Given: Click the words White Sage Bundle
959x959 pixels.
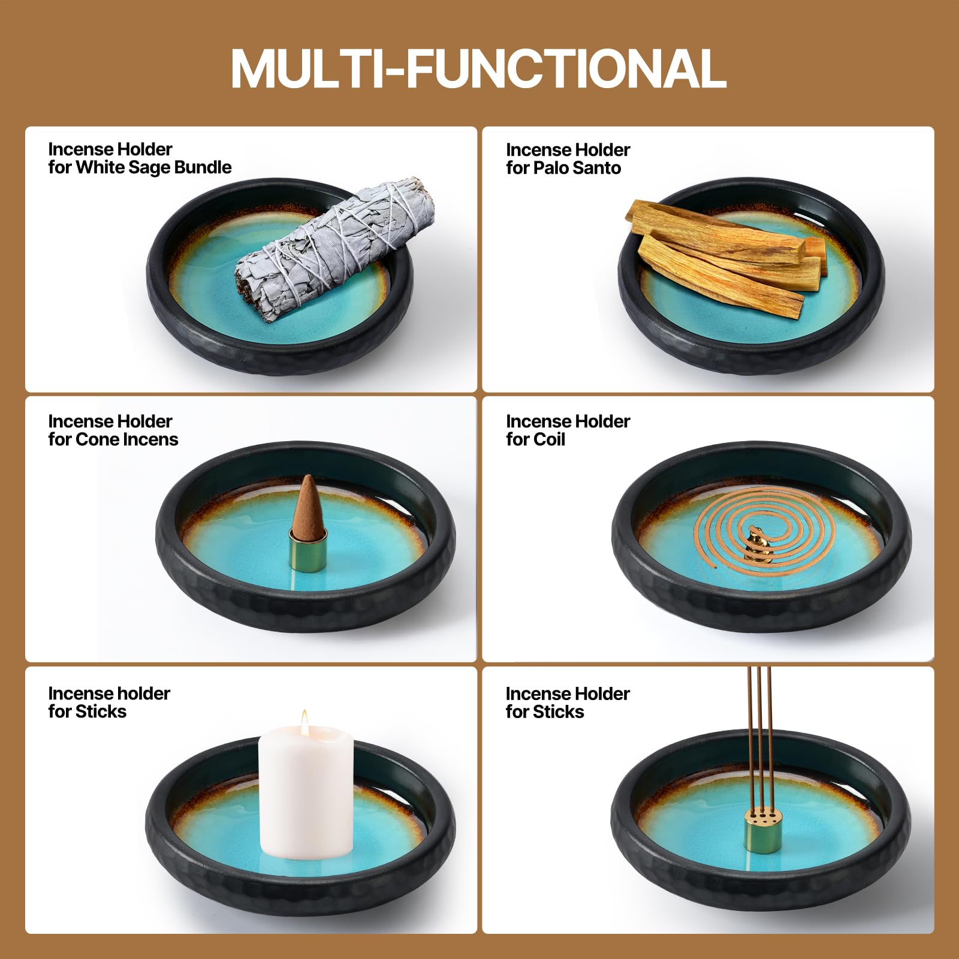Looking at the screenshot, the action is [154, 167].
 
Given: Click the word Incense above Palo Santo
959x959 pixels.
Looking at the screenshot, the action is [537, 150].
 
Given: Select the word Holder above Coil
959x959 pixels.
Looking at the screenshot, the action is [601, 421].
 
